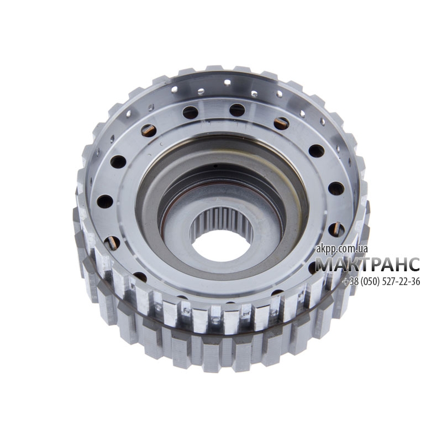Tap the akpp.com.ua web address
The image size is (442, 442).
pyautogui.click(x=341, y=248)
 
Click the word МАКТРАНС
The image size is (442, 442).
pyautogui.click(x=367, y=264)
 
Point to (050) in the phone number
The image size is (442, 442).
pyautogui.click(x=370, y=281)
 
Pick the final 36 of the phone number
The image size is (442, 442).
pyautogui.click(x=415, y=281)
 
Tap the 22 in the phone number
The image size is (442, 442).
pyautogui.click(x=403, y=281)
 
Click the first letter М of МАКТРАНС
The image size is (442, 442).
pyautogui.click(x=323, y=265)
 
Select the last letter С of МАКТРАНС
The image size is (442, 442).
pyautogui.click(x=413, y=265)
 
